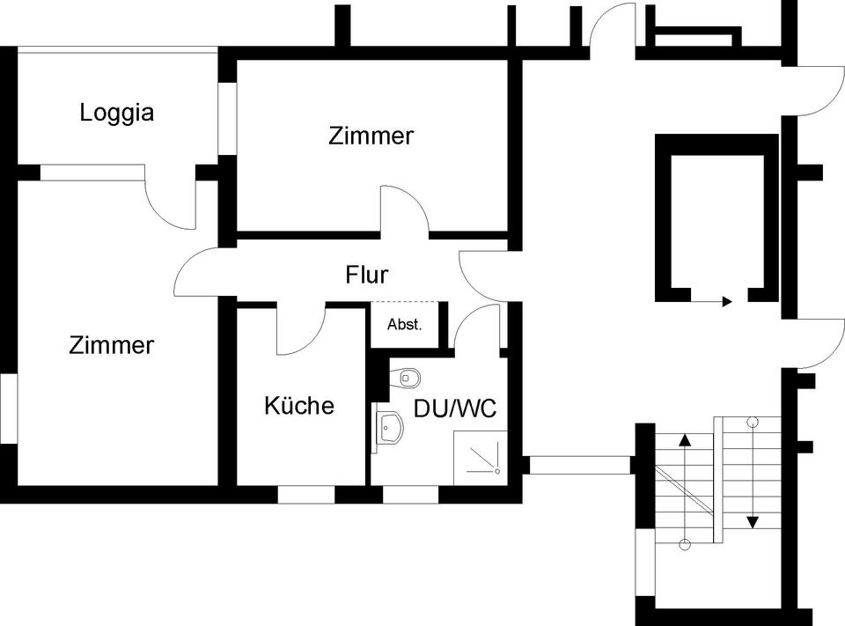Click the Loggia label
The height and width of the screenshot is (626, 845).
116,113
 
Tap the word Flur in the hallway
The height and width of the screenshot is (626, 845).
366,275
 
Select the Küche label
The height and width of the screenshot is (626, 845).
299,406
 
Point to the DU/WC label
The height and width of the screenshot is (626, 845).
455,409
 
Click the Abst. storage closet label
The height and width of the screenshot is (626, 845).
405,325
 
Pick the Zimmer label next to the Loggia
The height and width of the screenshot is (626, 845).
371,136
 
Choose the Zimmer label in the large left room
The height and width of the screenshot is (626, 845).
111,345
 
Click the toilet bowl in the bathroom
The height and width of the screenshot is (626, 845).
408,378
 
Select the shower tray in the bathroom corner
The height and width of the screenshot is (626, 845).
481,457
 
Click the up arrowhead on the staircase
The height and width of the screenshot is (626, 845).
684,438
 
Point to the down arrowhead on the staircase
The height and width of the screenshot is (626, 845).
753,521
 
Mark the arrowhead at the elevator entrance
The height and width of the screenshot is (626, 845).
727,301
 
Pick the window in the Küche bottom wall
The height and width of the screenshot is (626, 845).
306,495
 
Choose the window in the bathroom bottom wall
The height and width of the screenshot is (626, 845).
410,495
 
